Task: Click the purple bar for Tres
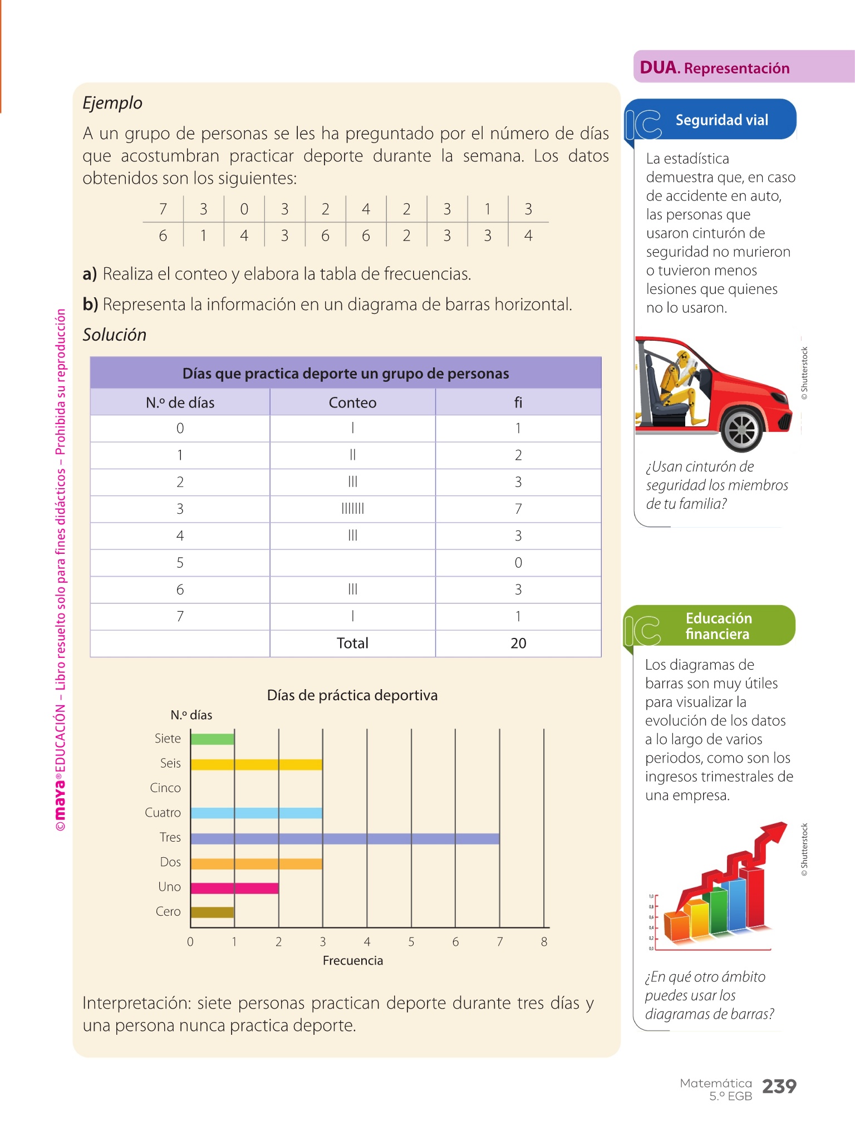coord(345,838)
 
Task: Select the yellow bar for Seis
coord(256,764)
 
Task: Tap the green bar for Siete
coord(212,739)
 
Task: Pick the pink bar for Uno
coord(234,888)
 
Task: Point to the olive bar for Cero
coord(212,912)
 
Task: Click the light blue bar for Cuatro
coord(256,813)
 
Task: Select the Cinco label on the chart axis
coord(165,788)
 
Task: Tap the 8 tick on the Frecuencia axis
coord(544,942)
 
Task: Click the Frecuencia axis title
coord(353,961)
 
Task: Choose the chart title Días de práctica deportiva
coord(352,695)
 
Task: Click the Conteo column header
coord(352,402)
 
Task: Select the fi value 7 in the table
coord(518,509)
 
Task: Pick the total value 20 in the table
coord(518,643)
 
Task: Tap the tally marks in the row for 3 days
coord(352,509)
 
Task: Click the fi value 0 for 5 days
coord(518,563)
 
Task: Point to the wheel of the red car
coord(742,429)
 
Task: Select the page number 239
coord(779,1086)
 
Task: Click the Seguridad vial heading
coord(721,120)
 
